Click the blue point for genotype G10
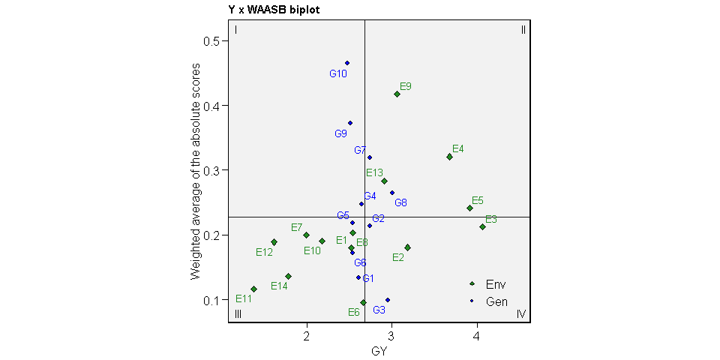click(x=347, y=63)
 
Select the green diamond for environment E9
click(x=397, y=94)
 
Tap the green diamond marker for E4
click(x=449, y=157)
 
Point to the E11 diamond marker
click(x=254, y=289)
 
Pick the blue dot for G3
click(x=388, y=300)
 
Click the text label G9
click(x=340, y=134)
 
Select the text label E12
click(x=264, y=252)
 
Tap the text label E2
click(x=398, y=258)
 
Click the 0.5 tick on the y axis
click(x=216, y=40)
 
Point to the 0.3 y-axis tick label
click(x=216, y=170)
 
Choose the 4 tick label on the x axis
click(x=476, y=334)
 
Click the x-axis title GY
click(x=379, y=350)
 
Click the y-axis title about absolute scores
click(x=196, y=170)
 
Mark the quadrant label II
click(x=523, y=30)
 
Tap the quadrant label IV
click(x=522, y=313)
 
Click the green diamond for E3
click(x=483, y=226)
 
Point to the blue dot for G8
click(x=391, y=193)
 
